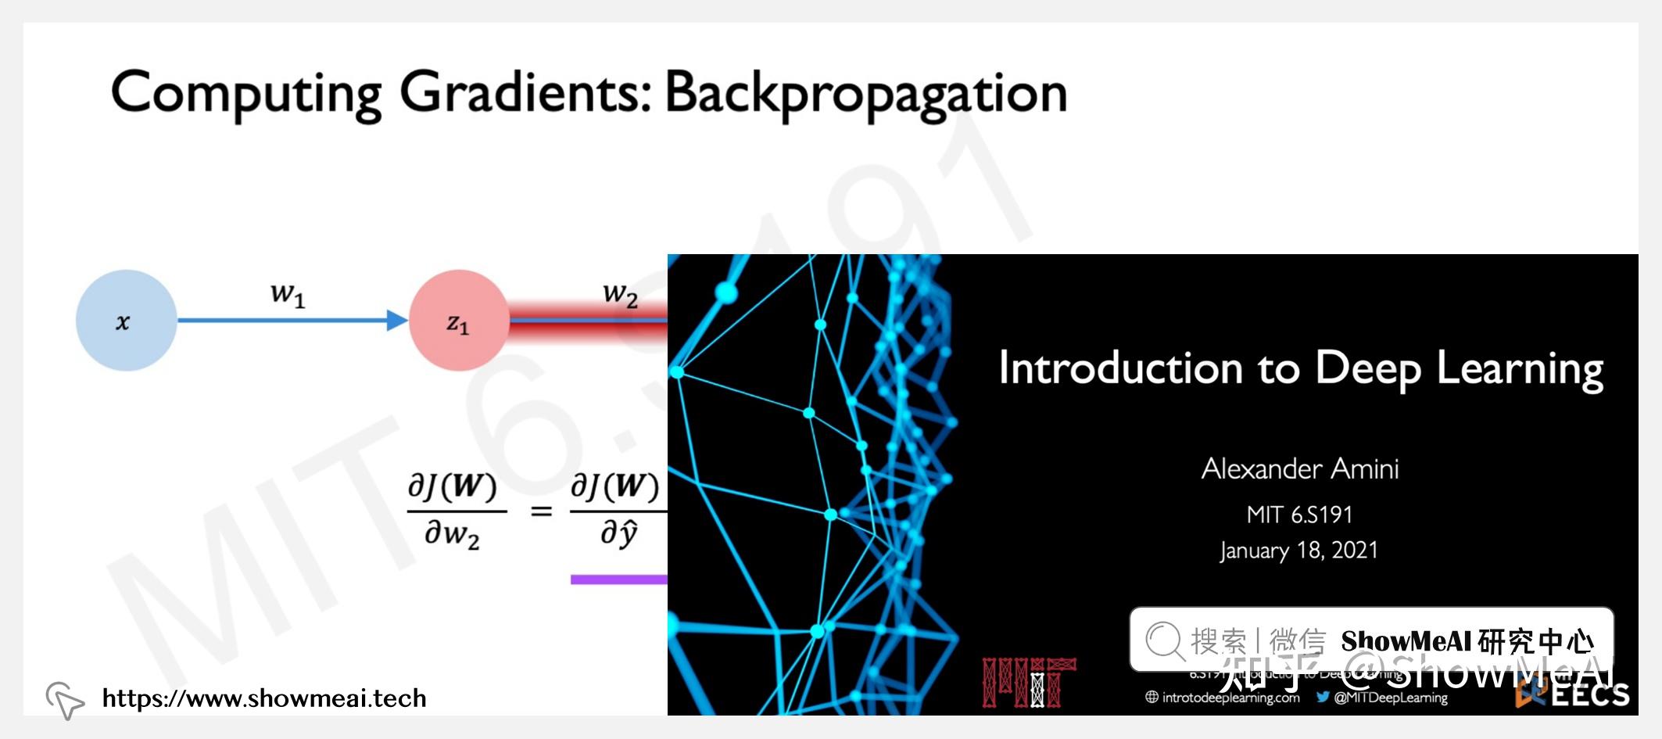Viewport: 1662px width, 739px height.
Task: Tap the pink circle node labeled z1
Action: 458,321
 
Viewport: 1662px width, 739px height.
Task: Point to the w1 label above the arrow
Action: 288,295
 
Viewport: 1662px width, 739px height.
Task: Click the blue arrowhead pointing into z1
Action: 397,320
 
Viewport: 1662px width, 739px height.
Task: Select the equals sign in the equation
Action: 541,512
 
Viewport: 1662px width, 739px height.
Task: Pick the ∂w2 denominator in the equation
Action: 452,535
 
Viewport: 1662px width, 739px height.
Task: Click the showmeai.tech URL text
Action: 264,698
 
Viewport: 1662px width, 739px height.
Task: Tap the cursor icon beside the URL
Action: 65,698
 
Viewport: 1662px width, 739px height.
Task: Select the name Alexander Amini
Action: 1300,468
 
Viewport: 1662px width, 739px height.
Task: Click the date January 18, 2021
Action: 1298,551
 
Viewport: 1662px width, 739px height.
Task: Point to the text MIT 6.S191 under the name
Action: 1299,515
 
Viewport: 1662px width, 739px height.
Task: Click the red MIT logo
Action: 1029,683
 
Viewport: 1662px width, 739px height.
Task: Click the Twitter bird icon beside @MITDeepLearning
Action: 1323,697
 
